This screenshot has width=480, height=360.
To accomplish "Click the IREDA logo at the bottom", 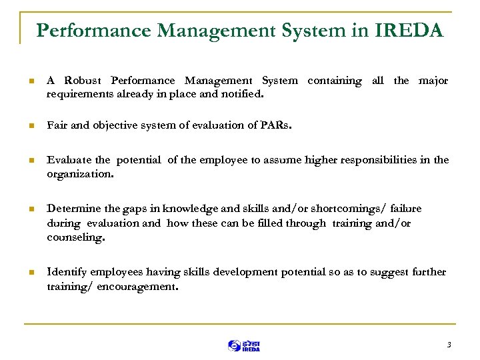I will tap(243, 345).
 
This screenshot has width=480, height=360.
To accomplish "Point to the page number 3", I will tap(449, 345).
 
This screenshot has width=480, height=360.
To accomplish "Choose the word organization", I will tap(80, 174).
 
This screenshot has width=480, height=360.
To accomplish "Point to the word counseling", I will tap(76, 237).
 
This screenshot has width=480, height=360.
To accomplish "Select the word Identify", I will tap(65, 272).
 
